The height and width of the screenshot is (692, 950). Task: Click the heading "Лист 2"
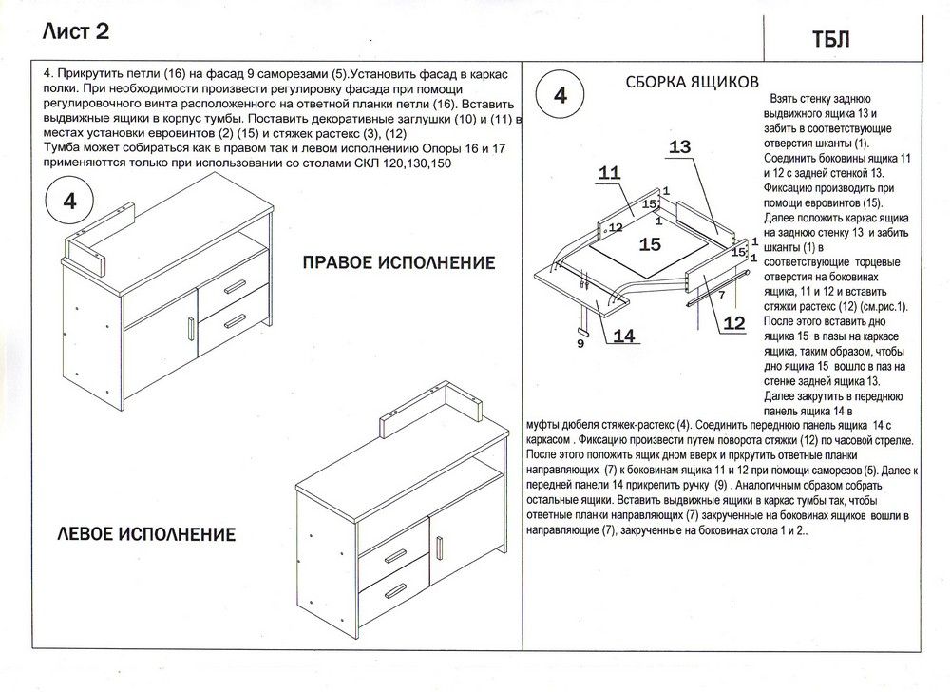click(75, 31)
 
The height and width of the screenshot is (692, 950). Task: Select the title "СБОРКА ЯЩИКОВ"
click(691, 82)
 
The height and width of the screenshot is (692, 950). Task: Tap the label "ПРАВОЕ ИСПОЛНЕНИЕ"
click(398, 262)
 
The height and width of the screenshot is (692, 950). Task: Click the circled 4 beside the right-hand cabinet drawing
click(70, 203)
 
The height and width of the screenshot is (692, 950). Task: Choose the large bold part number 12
click(733, 323)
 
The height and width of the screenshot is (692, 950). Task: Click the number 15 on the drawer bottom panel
click(650, 244)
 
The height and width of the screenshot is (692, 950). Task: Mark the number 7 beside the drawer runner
click(722, 295)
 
